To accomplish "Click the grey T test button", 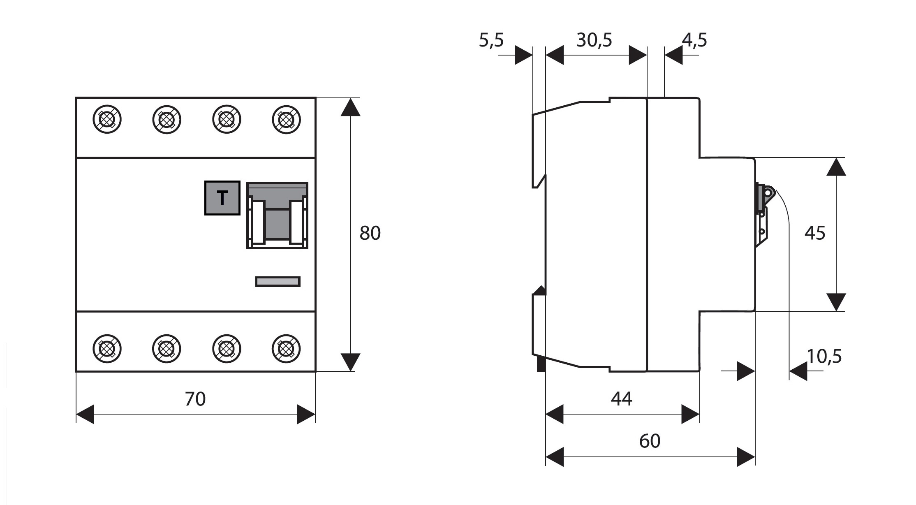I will click(222, 198).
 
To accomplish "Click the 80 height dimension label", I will click(370, 233).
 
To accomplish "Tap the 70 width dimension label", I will click(195, 399).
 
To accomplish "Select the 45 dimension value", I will click(814, 233).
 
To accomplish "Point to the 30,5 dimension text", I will click(594, 40).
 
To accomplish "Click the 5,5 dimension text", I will click(491, 40).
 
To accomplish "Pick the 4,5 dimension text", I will click(694, 40).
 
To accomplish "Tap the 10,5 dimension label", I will click(824, 357).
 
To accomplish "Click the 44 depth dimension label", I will click(621, 399).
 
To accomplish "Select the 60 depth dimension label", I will click(650, 441).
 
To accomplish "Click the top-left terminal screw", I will click(107, 120).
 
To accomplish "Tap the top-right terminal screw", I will click(286, 120).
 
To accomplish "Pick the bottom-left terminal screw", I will click(107, 349).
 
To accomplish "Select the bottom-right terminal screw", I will click(286, 349).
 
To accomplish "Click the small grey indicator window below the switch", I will click(278, 282).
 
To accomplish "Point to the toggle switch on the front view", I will click(277, 216).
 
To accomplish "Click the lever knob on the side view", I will click(768, 192).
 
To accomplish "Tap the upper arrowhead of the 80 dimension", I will click(350, 107).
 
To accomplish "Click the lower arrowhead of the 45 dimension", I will click(836, 302).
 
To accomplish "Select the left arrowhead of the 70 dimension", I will click(85, 414).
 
